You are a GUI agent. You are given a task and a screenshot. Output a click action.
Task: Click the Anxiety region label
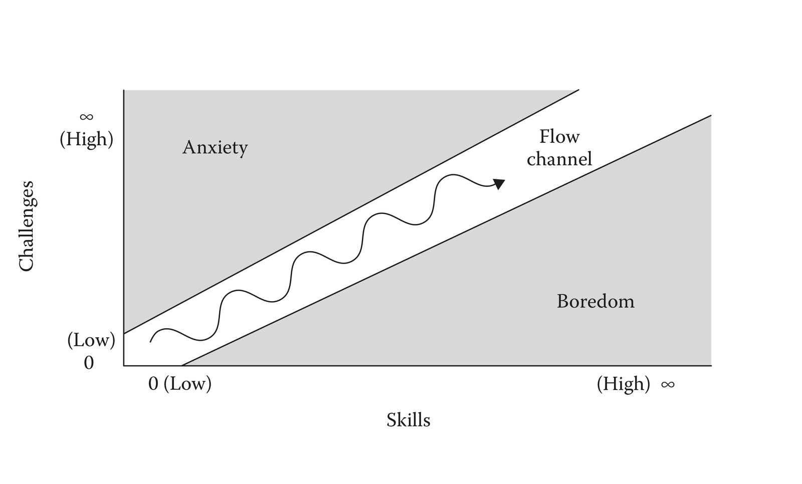coord(215,148)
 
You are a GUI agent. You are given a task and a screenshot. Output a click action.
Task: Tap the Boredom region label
coord(595,301)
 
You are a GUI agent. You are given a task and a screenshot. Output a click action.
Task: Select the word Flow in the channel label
coord(559,136)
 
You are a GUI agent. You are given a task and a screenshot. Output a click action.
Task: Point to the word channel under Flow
coord(559,159)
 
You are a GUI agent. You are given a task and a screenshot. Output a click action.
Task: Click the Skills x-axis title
coord(408,420)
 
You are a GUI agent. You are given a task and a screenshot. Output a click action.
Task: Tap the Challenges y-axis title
coord(26,226)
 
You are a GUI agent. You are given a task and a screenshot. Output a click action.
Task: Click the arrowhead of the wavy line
coord(499,183)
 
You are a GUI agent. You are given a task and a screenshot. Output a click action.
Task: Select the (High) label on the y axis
coord(87,139)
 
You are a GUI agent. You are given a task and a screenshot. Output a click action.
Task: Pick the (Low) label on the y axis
coord(91,340)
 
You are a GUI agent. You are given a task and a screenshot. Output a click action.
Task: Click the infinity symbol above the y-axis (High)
coord(86,117)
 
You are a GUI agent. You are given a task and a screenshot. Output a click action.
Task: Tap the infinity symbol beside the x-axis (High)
coord(668,384)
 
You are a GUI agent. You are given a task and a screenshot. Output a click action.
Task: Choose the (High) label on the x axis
coord(623,384)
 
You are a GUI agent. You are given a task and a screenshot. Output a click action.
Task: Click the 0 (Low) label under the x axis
coord(180,384)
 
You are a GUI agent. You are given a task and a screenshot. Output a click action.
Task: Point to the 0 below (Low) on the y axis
coord(89,362)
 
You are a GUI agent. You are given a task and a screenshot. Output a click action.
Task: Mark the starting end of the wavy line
coord(150,342)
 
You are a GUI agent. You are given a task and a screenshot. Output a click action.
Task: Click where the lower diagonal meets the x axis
coord(181,366)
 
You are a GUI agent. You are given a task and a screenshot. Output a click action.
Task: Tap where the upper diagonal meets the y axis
coord(124,333)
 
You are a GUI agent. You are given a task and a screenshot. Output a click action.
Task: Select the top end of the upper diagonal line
coord(578,90)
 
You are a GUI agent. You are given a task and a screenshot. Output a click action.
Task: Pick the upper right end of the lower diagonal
coord(711,116)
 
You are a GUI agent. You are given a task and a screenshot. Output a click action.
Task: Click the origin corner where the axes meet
coord(124,366)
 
